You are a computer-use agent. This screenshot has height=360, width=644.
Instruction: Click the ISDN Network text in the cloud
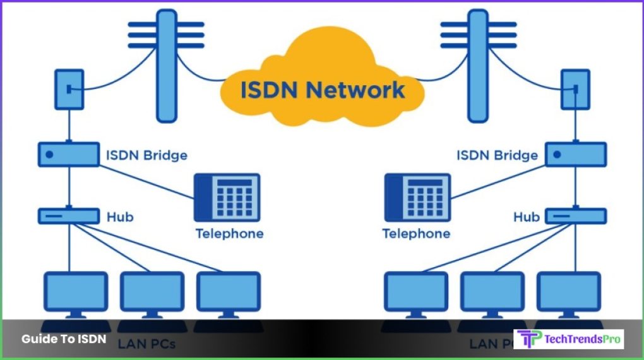click(322, 89)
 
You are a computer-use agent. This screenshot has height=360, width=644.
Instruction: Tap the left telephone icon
click(227, 198)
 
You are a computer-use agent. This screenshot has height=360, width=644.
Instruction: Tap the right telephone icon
click(417, 198)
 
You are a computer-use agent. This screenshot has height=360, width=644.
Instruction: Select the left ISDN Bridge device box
click(69, 154)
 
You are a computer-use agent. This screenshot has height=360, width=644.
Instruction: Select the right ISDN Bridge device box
click(575, 154)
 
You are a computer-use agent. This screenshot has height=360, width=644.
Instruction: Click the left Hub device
click(69, 216)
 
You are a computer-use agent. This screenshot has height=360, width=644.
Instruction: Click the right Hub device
click(575, 216)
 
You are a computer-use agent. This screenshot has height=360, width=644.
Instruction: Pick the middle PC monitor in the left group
click(152, 292)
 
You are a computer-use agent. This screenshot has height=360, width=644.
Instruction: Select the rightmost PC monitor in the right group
click(568, 292)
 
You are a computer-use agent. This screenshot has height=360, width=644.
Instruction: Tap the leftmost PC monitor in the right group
click(416, 292)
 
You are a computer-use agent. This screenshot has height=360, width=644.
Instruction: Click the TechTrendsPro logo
click(568, 339)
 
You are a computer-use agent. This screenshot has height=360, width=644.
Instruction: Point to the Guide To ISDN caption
click(64, 339)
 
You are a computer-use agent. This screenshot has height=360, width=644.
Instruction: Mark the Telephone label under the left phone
click(229, 234)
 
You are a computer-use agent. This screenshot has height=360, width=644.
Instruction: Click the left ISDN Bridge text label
click(146, 155)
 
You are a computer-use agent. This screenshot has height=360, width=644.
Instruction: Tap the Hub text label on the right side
click(526, 217)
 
